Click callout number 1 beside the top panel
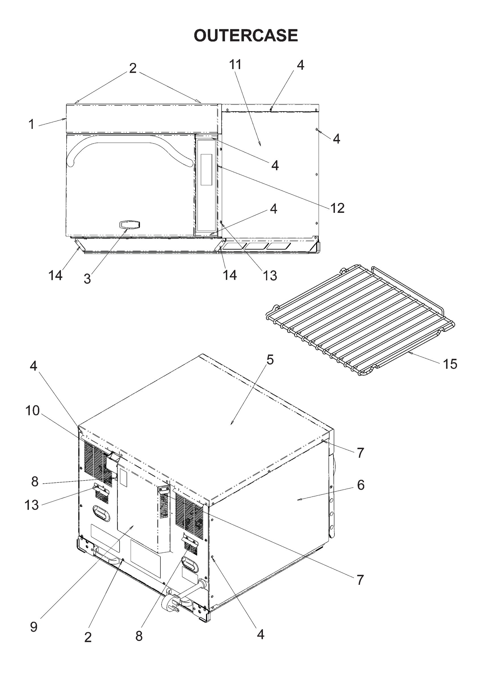pyautogui.click(x=31, y=124)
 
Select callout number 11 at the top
pyautogui.click(x=235, y=64)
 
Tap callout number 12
pyautogui.click(x=337, y=208)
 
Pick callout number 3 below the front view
pyautogui.click(x=87, y=279)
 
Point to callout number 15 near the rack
pyautogui.click(x=450, y=364)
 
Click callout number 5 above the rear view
pyautogui.click(x=270, y=360)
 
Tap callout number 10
pyautogui.click(x=33, y=411)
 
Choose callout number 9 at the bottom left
pyautogui.click(x=34, y=627)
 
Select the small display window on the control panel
pyautogui.click(x=206, y=169)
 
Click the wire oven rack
pyautogui.click(x=359, y=320)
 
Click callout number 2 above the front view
pyautogui.click(x=133, y=68)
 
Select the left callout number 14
pyautogui.click(x=56, y=275)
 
